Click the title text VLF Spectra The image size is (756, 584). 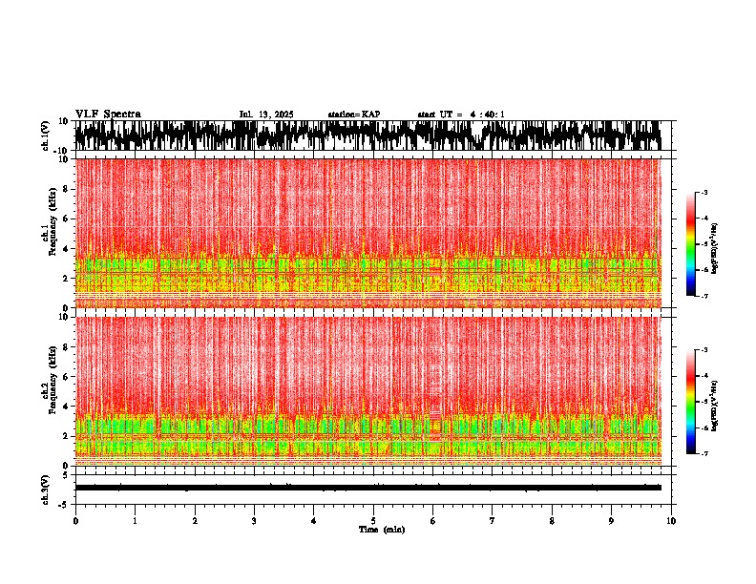(x=108, y=115)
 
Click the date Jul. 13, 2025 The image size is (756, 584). (x=266, y=115)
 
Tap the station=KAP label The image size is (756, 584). (x=354, y=115)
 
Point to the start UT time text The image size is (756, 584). (x=461, y=115)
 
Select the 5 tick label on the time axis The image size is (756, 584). (x=374, y=521)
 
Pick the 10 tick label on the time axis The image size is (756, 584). (x=672, y=521)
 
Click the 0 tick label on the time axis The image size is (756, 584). (x=75, y=521)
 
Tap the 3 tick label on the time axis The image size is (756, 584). (x=254, y=521)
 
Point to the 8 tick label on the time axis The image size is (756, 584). (x=553, y=521)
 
